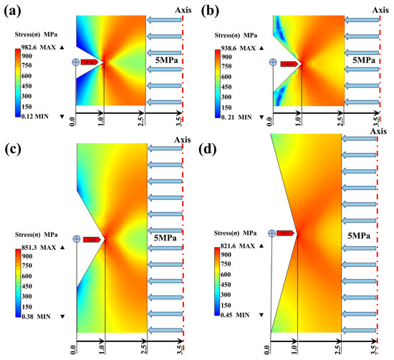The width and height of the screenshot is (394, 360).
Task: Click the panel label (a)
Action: click(12, 11)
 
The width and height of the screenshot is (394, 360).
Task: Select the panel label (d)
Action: click(207, 150)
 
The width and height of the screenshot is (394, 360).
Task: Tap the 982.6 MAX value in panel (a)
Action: click(39, 47)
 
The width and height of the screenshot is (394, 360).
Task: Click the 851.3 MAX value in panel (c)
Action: click(39, 248)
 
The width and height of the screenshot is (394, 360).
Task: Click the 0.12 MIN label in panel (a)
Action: click(35, 116)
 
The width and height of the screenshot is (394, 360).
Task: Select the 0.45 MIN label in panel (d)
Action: click(235, 315)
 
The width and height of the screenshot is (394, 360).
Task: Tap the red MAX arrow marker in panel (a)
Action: click(90, 62)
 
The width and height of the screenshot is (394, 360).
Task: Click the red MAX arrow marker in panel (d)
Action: click(285, 233)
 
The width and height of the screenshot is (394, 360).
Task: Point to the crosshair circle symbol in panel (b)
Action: click(273, 62)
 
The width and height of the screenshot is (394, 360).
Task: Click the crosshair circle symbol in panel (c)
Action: click(77, 239)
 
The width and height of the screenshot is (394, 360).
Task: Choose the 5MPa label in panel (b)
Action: click(364, 60)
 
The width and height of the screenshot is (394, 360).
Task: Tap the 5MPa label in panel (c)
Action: click(165, 238)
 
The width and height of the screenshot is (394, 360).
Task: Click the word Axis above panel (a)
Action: click(183, 10)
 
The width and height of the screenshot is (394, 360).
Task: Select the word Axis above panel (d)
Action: click(378, 131)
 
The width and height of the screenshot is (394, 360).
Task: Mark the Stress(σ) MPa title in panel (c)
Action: click(37, 235)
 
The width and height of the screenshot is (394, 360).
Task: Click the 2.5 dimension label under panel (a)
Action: click(141, 122)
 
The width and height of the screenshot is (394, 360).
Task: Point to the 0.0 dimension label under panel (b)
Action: click(269, 122)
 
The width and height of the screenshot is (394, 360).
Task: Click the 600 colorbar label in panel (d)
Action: click(226, 274)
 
